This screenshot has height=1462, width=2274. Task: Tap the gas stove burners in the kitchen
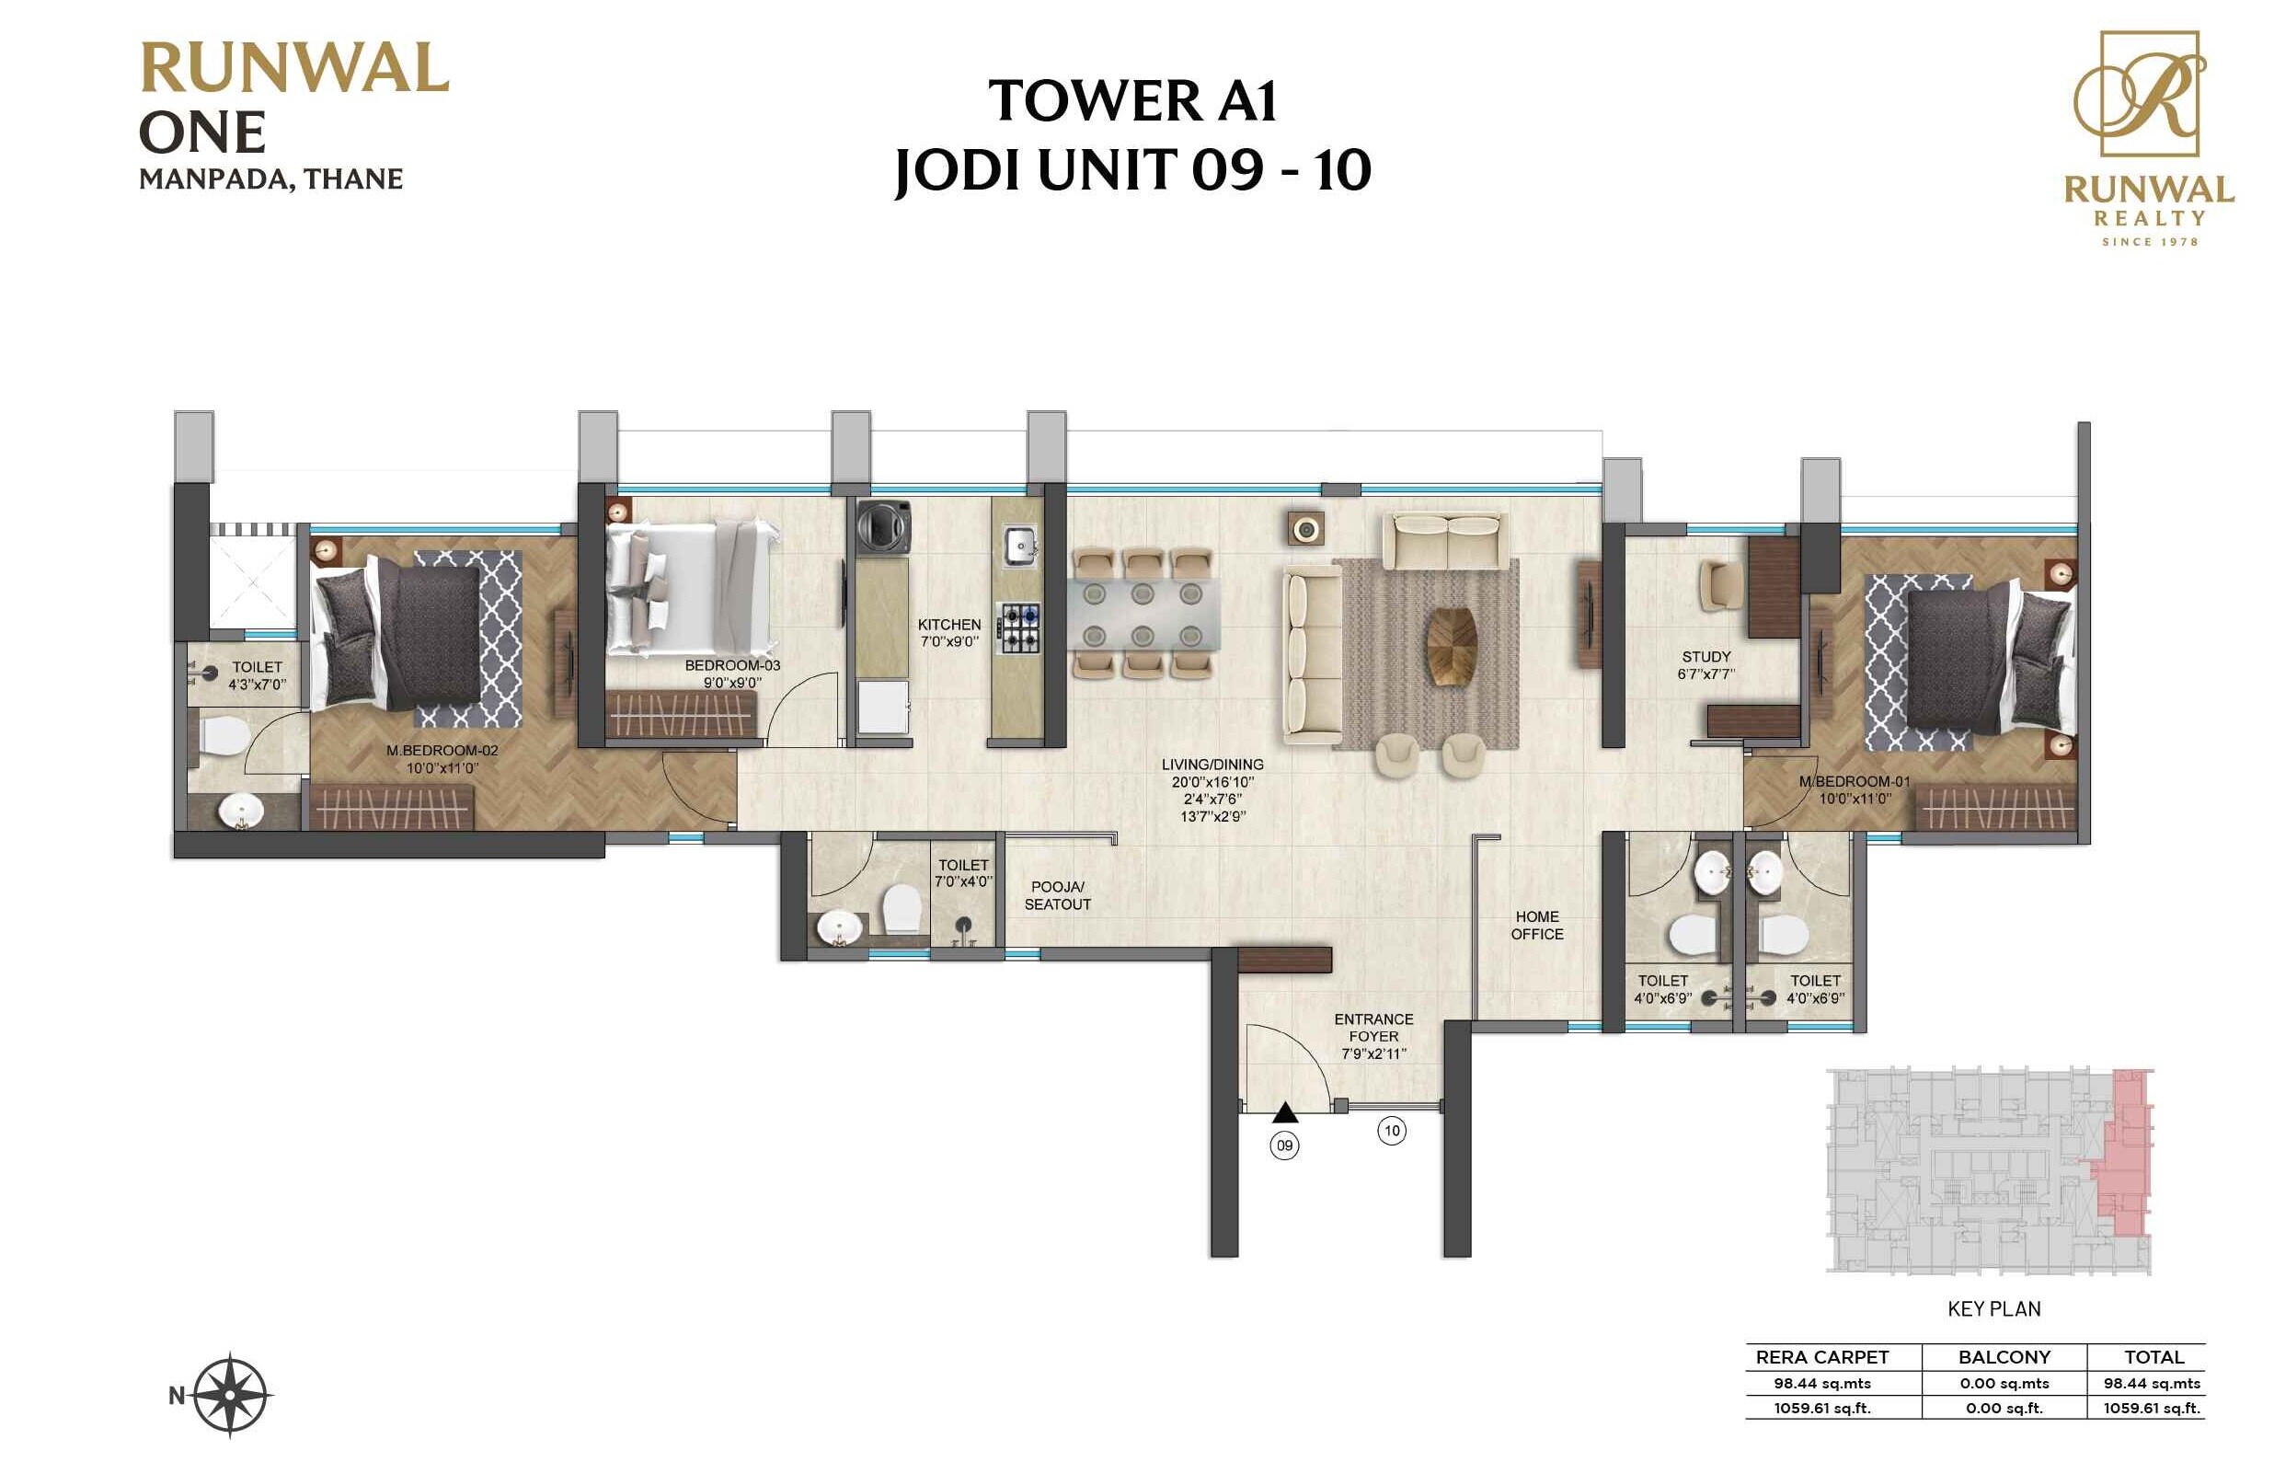pyautogui.click(x=1018, y=627)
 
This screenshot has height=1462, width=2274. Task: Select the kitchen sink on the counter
pyautogui.click(x=1020, y=545)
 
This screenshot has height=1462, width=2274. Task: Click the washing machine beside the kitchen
pyautogui.click(x=884, y=527)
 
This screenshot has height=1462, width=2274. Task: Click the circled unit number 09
pyautogui.click(x=1284, y=1145)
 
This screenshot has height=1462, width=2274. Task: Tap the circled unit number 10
pyautogui.click(x=1392, y=1130)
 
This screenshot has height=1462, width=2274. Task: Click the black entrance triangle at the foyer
pyautogui.click(x=1284, y=1111)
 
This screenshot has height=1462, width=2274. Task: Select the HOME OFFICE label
pyautogui.click(x=1536, y=925)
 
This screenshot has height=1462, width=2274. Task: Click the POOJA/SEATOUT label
pyautogui.click(x=1057, y=895)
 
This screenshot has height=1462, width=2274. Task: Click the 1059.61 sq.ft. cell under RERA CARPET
pyautogui.click(x=1821, y=1408)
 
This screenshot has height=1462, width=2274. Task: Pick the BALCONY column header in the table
pyautogui.click(x=2004, y=1356)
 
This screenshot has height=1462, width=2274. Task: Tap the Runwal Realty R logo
pyautogui.click(x=2149, y=94)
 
